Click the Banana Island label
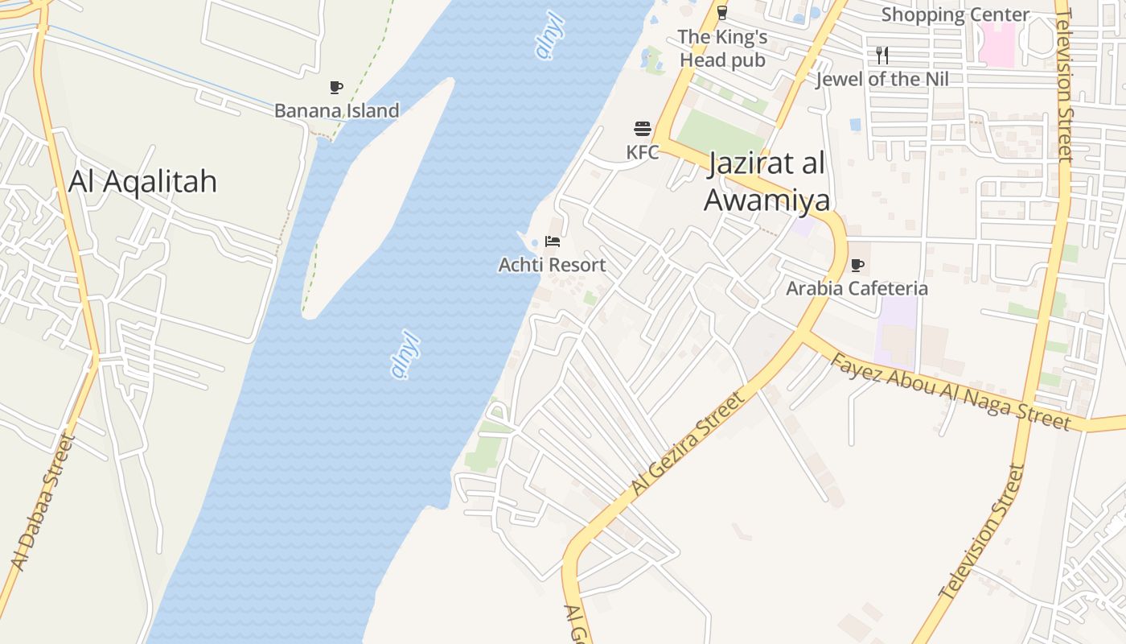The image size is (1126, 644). coord(336,110)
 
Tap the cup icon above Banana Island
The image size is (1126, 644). coord(336,88)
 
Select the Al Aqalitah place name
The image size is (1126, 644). coord(142,181)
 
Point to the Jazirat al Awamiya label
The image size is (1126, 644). coord(766,182)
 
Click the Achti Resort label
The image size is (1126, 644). coord(552,265)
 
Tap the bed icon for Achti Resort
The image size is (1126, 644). coord(552,242)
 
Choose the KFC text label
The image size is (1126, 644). coord(642,152)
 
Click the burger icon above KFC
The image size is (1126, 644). coord(642,129)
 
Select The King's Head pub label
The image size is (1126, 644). coord(722,48)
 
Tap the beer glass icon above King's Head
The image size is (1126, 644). coord(722,12)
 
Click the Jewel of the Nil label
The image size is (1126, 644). coord(882,79)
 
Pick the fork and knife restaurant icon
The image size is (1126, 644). coord(882,56)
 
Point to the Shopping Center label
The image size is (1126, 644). coord(955,14)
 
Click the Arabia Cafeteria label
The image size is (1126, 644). coord(857,288)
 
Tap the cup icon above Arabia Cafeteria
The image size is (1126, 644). coord(857,265)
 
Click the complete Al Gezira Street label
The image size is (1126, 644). coord(688,444)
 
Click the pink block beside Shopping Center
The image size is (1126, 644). coord(997,44)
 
